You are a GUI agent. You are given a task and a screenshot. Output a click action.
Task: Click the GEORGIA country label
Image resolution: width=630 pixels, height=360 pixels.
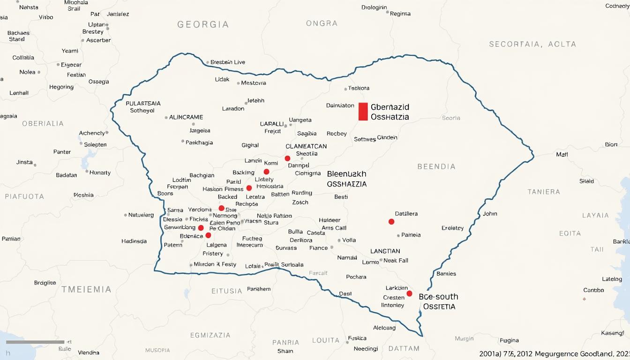203,24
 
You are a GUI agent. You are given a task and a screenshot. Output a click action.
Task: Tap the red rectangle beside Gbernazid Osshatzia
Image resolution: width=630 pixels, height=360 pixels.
363,112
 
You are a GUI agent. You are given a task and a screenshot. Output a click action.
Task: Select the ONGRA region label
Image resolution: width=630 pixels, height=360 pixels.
322,23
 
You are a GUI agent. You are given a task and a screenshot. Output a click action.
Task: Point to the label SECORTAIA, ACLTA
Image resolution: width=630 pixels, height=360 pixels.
532,44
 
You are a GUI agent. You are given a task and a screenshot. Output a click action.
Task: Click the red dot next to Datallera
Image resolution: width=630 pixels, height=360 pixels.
391,222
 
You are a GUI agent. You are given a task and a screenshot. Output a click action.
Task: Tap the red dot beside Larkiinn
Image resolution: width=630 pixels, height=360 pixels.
409,293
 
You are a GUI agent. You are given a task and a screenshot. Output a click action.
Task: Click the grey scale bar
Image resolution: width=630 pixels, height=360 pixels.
35,342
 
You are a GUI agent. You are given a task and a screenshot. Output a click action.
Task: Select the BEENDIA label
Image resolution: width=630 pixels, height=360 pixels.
436,166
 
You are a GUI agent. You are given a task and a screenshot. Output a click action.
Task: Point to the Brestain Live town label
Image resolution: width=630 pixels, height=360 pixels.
228,62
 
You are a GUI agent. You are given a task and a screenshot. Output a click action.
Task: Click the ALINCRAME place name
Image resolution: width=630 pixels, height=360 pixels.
186,117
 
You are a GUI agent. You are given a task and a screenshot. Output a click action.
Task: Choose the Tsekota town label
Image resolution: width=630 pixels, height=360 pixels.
359,88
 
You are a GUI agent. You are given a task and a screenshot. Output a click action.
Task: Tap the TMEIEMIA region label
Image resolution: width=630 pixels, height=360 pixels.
86,289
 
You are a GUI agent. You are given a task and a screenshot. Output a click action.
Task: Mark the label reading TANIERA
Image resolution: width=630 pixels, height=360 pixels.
544,192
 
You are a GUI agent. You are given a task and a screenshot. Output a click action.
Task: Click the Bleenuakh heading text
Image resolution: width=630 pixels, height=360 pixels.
346,174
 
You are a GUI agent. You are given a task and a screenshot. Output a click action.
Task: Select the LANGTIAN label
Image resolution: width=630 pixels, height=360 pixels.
385,251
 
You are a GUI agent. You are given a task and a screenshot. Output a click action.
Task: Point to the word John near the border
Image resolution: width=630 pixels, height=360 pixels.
490,214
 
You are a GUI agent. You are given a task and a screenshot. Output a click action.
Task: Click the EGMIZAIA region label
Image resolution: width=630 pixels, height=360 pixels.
210,335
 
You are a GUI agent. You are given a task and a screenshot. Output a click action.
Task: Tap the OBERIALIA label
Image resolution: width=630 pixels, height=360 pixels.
43,124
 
